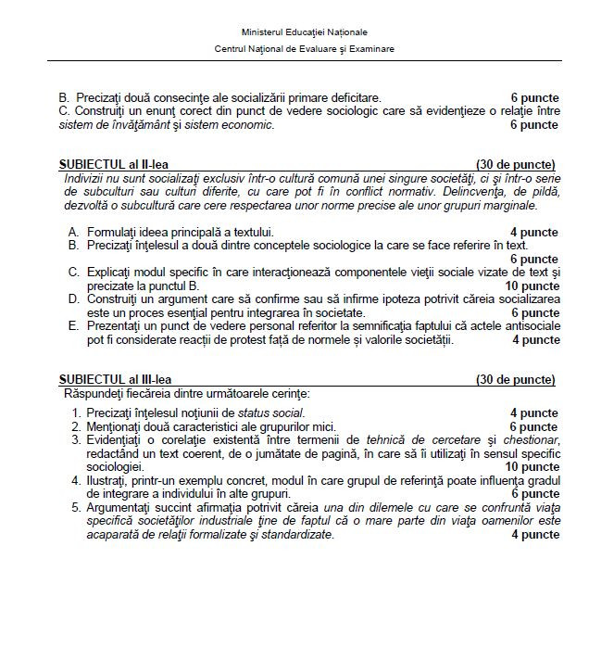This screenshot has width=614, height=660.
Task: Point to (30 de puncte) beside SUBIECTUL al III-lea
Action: click(516, 380)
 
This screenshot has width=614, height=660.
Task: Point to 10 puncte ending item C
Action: click(531, 286)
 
